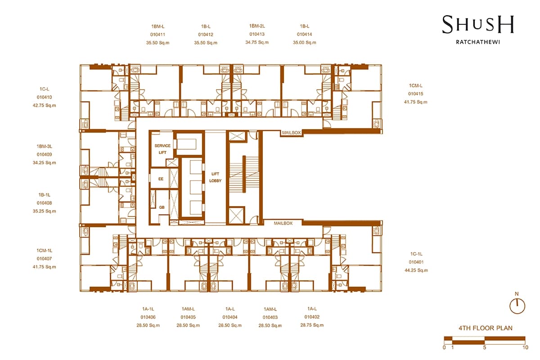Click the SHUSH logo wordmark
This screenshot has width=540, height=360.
[478, 24]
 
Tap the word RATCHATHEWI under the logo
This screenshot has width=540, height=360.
[478, 42]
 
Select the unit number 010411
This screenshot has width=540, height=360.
[157, 35]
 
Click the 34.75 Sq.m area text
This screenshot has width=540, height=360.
[257, 42]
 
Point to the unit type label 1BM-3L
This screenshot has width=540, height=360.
[45, 146]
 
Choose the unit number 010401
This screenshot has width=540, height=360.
[416, 262]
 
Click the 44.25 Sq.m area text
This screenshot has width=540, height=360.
[416, 270]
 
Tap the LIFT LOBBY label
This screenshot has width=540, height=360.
[215, 177]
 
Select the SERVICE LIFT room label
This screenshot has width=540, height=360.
[162, 149]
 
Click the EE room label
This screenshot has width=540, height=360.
[161, 179]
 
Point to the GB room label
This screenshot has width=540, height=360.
[162, 207]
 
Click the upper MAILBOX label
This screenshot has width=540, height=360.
[292, 133]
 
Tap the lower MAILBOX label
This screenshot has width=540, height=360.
[283, 223]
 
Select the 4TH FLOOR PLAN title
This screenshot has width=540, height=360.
[486, 328]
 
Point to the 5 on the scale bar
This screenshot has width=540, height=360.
[485, 347]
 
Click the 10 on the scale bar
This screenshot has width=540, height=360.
[525, 347]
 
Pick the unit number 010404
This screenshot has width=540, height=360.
[230, 317]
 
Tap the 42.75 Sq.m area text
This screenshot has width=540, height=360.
[45, 105]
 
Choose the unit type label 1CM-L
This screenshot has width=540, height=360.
[416, 85]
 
